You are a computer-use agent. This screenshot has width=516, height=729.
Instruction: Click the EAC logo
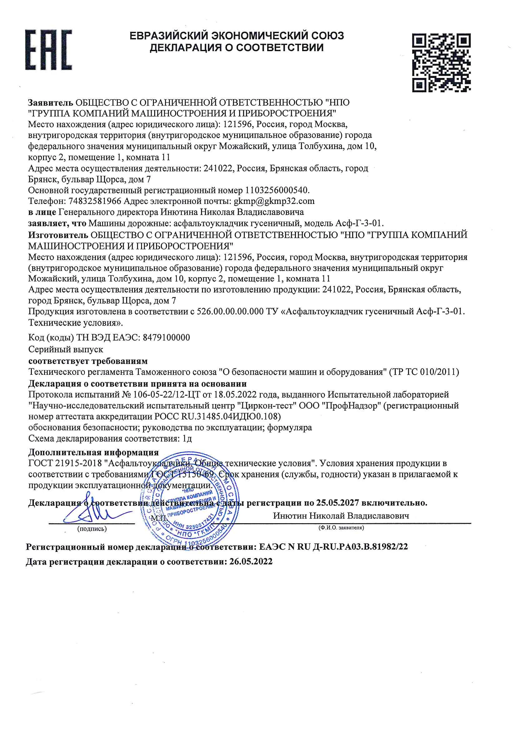click(49, 50)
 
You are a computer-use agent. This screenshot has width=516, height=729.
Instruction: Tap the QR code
click(441, 63)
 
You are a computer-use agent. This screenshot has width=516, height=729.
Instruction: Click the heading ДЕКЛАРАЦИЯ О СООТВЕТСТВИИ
click(237, 48)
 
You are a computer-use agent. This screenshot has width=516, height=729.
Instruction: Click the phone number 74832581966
click(95, 201)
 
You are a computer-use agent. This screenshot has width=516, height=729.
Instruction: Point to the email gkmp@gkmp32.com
click(274, 201)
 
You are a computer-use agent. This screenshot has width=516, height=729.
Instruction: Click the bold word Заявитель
click(51, 103)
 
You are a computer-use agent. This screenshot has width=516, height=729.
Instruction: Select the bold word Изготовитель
click(58, 235)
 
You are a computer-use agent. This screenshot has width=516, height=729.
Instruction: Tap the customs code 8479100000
click(166, 337)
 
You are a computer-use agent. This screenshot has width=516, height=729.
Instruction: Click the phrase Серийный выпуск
click(66, 349)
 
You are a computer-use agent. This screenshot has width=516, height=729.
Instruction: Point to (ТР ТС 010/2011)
click(424, 372)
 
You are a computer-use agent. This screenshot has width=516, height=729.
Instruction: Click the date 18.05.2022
click(235, 394)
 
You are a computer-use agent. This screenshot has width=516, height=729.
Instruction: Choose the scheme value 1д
click(187, 438)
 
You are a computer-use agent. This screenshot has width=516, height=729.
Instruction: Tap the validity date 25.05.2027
click(337, 503)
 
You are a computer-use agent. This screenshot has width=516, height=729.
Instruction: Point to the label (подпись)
click(92, 529)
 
